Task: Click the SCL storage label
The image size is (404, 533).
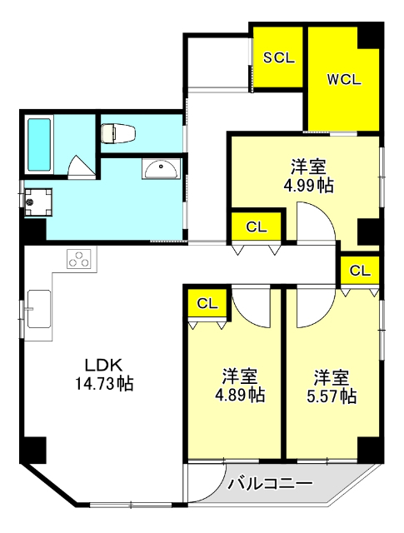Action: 279,57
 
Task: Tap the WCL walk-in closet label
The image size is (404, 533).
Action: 344,80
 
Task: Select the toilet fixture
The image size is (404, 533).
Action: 118,133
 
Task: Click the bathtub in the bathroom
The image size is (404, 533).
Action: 39,144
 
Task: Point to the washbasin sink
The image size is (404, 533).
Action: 162,169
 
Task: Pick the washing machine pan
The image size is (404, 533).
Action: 38,202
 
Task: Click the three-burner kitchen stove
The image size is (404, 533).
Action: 80,259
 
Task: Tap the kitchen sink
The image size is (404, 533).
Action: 39,309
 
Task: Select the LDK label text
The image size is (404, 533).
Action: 103,365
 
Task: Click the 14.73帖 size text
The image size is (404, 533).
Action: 104,383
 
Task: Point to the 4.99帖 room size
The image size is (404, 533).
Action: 309,185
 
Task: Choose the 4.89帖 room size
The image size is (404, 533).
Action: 240,395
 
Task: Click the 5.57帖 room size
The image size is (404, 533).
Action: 332,396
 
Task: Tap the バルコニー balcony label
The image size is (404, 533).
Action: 270,484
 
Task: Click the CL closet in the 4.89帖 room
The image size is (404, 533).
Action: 207,303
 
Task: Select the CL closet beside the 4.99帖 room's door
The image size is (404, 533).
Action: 257,227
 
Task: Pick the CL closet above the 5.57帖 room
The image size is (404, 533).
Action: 360,271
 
